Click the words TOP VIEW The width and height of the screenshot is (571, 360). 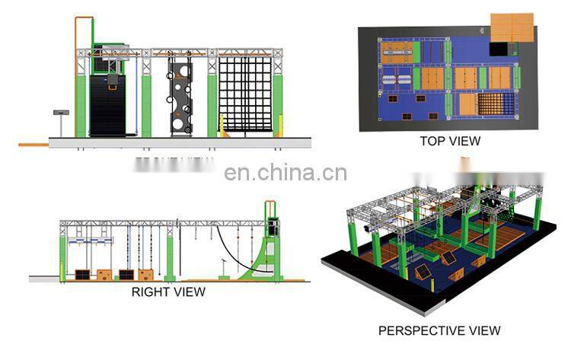pyautogui.click(x=450, y=141)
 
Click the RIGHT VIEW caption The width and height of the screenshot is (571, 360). pyautogui.click(x=168, y=292)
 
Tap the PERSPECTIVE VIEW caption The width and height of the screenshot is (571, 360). pyautogui.click(x=439, y=330)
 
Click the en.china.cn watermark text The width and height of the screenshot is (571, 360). pyautogui.click(x=285, y=173)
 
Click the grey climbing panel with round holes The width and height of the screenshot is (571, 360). pyautogui.click(x=180, y=97)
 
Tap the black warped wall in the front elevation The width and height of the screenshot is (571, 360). pyautogui.click(x=108, y=107)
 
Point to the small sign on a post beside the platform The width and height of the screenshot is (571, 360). pyautogui.click(x=57, y=113)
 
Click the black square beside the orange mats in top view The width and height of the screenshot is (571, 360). pyautogui.click(x=498, y=48)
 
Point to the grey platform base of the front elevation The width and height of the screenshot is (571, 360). pyautogui.click(x=180, y=142)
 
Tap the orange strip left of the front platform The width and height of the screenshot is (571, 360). pyautogui.click(x=33, y=144)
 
